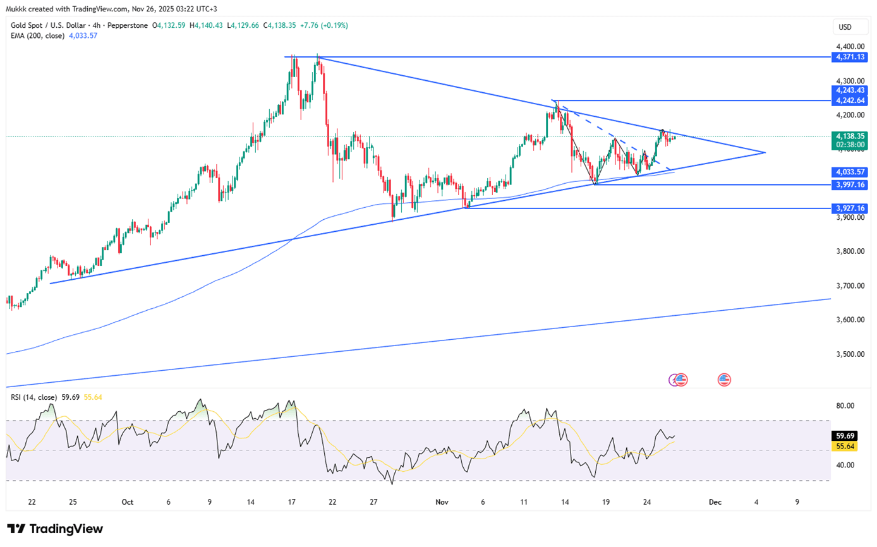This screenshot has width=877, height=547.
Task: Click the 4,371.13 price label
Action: click(850, 57)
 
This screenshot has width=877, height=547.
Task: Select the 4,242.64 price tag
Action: click(850, 100)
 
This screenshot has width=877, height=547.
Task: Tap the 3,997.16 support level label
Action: click(850, 184)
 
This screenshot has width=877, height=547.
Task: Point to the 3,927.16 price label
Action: click(850, 208)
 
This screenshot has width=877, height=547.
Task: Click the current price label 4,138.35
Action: click(850, 136)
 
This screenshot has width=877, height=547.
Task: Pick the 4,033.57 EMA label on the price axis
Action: click(850, 171)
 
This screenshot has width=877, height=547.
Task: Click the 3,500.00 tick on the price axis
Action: click(849, 354)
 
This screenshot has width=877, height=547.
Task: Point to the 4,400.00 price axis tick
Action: click(849, 47)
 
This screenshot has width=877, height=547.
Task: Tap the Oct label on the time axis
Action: click(127, 502)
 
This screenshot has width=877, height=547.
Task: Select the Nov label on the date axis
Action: click(442, 502)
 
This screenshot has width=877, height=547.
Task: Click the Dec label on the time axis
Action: click(715, 502)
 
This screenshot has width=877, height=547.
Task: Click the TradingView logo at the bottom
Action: click(54, 529)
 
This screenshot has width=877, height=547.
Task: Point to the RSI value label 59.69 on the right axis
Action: click(845, 436)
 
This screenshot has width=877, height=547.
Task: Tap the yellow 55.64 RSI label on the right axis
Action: click(845, 446)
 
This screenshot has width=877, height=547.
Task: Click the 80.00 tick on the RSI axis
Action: click(845, 406)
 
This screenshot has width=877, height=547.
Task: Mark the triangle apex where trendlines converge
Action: click(765, 153)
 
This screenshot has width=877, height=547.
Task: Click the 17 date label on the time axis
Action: click(292, 502)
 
